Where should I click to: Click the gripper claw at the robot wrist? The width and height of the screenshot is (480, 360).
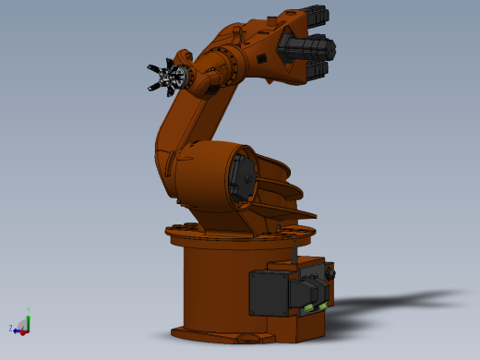click(166, 78)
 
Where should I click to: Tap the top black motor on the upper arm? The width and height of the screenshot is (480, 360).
click(314, 16)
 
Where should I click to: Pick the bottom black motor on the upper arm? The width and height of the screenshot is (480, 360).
click(316, 69)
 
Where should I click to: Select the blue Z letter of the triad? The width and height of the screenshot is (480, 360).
click(11, 328)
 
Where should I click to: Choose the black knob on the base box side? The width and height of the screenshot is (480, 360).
click(330, 273)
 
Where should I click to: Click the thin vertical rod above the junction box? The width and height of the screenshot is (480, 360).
click(293, 250)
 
